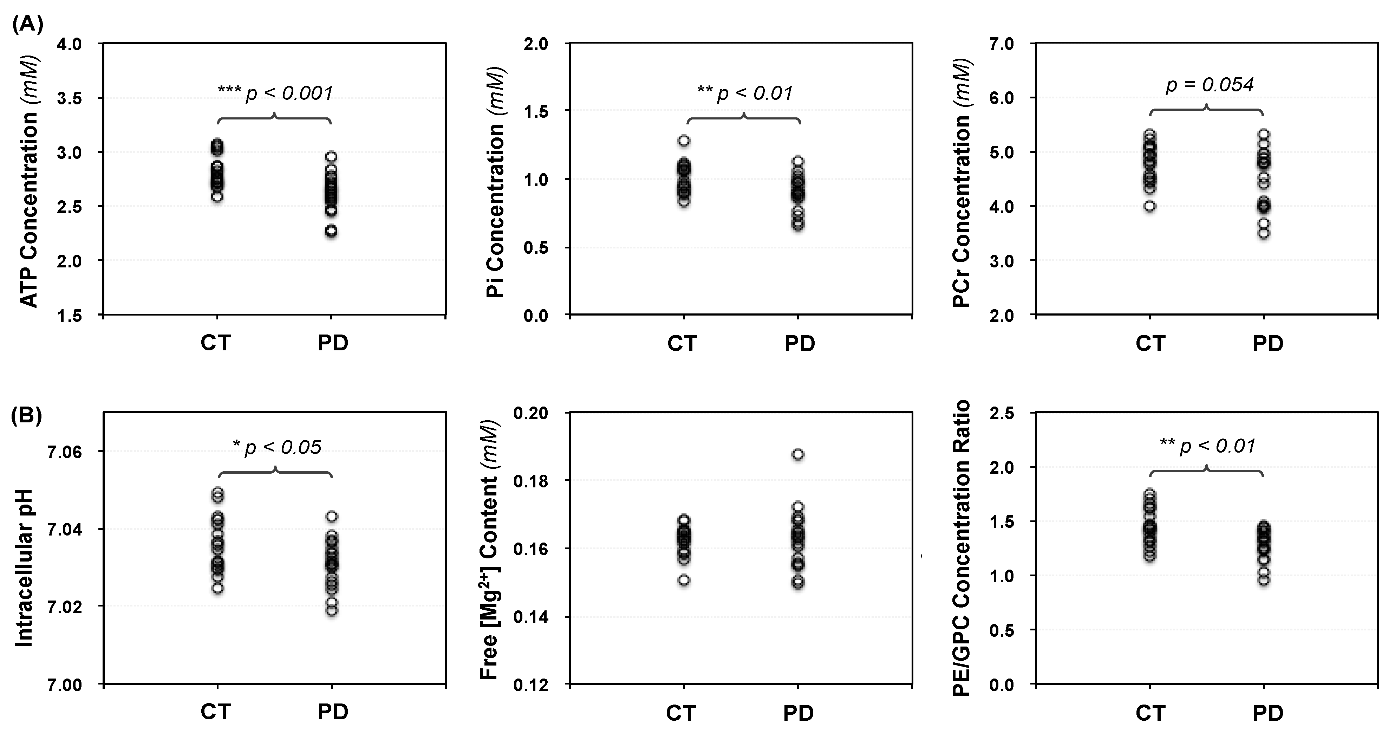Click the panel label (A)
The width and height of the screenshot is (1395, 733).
[x=27, y=24]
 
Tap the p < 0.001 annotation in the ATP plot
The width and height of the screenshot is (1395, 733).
[x=275, y=93]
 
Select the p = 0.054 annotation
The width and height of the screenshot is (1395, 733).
[x=1209, y=85]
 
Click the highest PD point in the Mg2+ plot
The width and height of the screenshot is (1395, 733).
[x=798, y=454]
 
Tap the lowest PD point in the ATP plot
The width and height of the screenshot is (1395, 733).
[x=331, y=231]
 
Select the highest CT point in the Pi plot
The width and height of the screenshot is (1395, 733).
[x=684, y=141]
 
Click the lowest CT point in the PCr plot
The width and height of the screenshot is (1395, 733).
[x=1150, y=206]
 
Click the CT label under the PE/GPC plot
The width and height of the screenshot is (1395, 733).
[x=1150, y=713]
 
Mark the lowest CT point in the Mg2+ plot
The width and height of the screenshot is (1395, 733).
[x=684, y=580]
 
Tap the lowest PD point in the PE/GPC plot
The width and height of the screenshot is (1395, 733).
[x=1263, y=580]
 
